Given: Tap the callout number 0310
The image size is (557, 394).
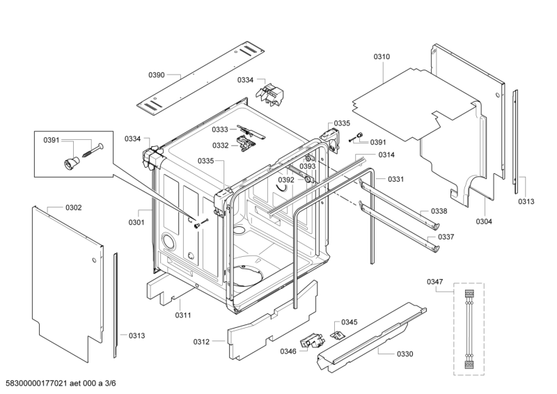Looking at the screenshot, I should tap(382, 56).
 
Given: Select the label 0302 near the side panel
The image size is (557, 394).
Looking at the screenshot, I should tap(74, 207).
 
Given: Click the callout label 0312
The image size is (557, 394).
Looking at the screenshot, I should tap(201, 341).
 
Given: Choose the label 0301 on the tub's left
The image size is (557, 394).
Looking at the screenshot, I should tap(136, 223).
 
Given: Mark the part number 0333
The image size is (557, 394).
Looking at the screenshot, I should tap(220, 129).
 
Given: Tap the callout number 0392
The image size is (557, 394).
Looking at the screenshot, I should tap(286, 180).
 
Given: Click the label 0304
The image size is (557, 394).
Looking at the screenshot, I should tap(485, 221).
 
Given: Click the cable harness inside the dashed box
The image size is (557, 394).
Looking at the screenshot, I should tap(469, 327).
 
